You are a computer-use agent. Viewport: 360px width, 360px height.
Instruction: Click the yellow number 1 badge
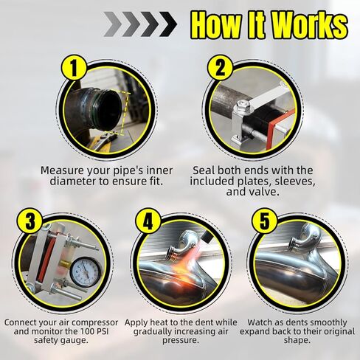pos(75,68)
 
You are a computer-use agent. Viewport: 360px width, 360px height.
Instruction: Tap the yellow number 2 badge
pos(220,67)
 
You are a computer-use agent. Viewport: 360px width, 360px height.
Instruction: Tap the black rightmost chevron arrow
pos(168,24)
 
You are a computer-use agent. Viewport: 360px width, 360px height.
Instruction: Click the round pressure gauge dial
pos(86,272)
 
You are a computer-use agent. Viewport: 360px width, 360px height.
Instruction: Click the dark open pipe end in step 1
pos(109,110)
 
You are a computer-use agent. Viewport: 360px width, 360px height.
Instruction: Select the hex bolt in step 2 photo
pos(243,105)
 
